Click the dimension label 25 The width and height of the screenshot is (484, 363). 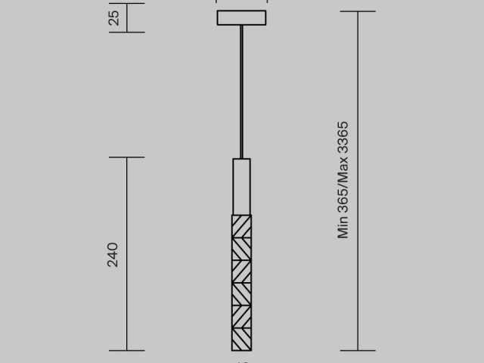(x=114, y=17)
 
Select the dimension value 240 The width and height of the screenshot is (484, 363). (x=113, y=255)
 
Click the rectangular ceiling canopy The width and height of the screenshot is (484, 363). (x=241, y=17)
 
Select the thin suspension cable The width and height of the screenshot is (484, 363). (x=241, y=91)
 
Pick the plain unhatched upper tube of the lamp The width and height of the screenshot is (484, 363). (x=241, y=186)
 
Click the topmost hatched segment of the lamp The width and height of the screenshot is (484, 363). (x=241, y=227)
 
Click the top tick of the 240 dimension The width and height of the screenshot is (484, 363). (x=126, y=157)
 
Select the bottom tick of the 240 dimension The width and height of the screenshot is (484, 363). (x=126, y=350)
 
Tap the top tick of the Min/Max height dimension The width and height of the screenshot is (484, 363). (x=358, y=11)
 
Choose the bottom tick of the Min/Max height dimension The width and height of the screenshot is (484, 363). (x=358, y=350)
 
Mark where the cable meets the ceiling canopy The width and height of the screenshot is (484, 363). (x=241, y=26)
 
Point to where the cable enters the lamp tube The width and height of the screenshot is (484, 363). (x=241, y=158)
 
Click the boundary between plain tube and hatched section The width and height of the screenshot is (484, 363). (x=241, y=215)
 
